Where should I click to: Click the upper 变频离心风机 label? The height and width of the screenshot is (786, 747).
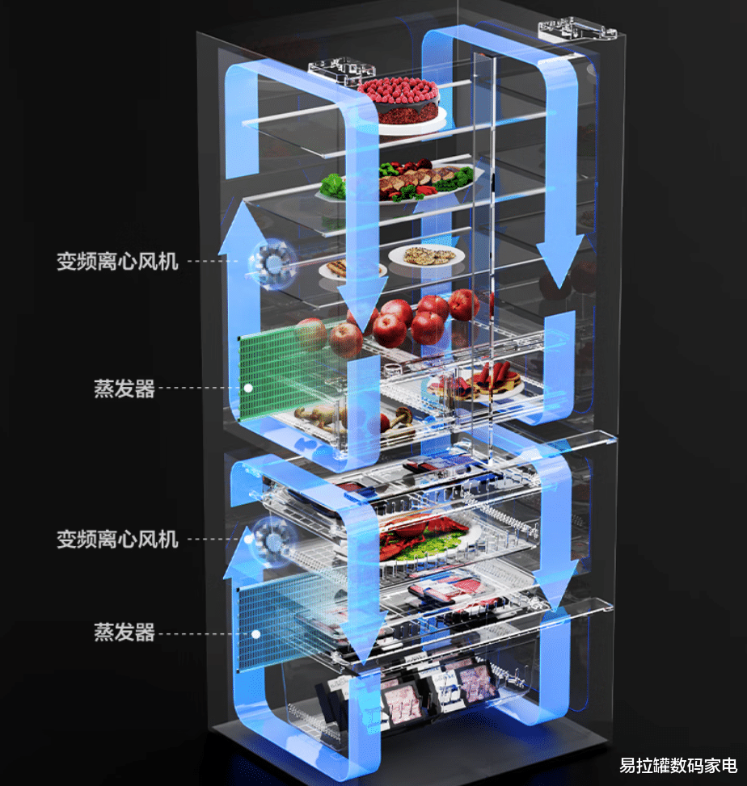coord(117,261)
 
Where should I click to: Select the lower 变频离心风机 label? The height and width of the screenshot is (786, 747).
coord(117,539)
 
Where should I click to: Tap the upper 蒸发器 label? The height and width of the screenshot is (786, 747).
coord(124,389)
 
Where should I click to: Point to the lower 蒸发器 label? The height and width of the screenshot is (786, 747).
coord(124,632)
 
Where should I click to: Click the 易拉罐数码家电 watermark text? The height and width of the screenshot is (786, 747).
coord(677,765)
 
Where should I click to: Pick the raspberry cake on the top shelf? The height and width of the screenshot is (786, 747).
coord(399,100)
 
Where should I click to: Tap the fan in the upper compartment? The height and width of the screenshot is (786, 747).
coord(272,262)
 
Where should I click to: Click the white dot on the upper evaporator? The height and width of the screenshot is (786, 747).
coord(249,389)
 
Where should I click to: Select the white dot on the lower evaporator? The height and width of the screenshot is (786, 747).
coord(255,633)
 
